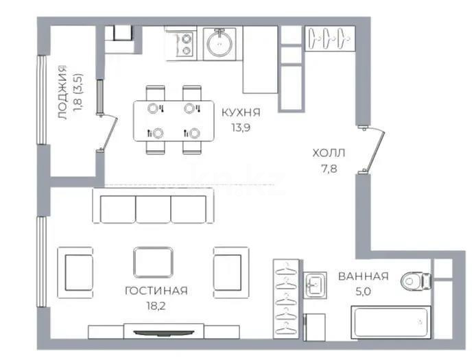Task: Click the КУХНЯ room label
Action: (241, 112)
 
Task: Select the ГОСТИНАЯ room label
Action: (156, 290)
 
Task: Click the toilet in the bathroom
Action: (415, 280)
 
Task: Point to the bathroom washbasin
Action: (317, 284)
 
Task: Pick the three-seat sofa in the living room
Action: (153, 208)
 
